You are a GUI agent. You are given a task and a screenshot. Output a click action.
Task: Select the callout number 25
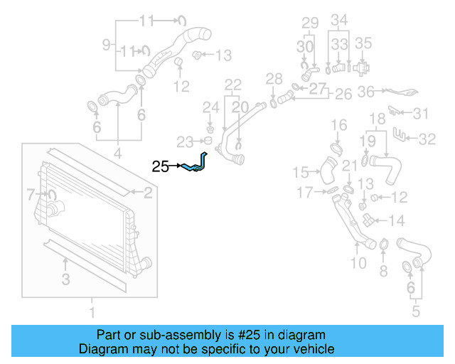coord(161,167)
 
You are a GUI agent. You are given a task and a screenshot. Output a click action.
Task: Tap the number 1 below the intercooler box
coord(91,311)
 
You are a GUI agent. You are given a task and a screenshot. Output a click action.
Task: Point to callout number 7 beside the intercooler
coord(31,193)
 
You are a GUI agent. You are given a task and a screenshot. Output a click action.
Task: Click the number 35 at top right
coord(364,43)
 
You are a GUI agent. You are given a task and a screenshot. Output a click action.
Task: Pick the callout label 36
coord(366,91)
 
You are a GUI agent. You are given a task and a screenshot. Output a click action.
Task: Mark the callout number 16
coord(339,125)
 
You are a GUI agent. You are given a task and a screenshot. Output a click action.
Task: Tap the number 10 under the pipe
coord(358,264)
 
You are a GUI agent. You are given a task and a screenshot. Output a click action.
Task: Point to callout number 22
coord(233,85)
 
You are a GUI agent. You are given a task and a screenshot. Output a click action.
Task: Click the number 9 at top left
coord(107,45)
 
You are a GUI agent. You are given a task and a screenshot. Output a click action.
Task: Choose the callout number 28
coord(274,77)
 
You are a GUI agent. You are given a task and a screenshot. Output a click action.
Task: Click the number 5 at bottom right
coord(416,310)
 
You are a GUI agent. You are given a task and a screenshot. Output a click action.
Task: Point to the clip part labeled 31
coord(397,112)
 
